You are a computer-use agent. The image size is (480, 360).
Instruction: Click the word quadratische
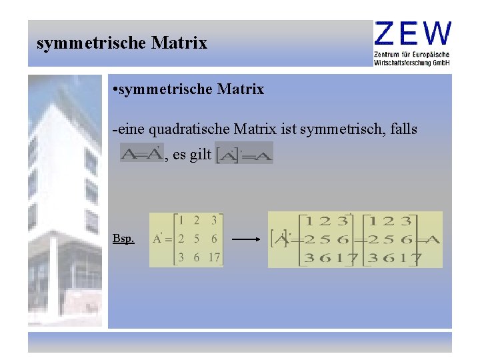tap(187, 129)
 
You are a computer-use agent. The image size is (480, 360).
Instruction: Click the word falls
tap(403, 129)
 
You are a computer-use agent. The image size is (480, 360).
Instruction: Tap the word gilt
tap(200, 155)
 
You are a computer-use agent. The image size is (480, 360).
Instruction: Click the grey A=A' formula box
tap(141, 154)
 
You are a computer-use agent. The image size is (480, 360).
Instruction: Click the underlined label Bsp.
tap(123, 239)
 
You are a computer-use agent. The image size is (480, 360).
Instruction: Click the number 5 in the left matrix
tap(197, 239)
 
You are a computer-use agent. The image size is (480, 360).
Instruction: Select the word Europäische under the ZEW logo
tap(433, 54)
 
